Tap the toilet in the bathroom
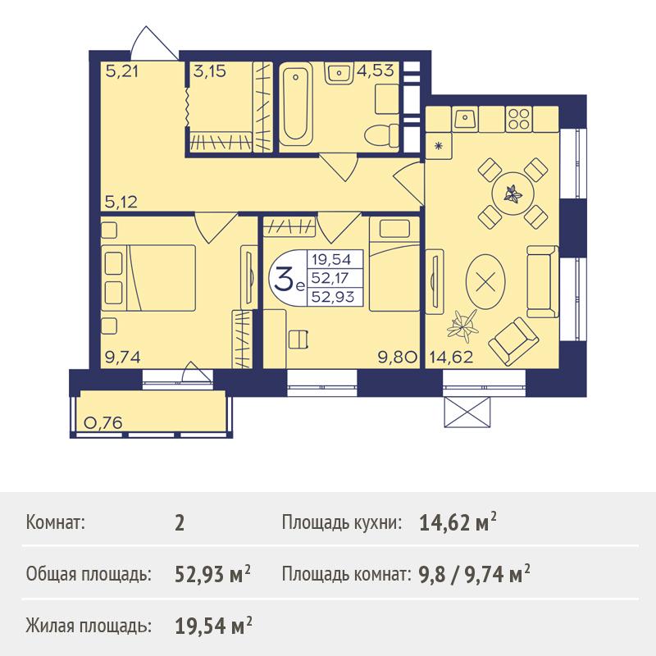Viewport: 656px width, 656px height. [381, 135]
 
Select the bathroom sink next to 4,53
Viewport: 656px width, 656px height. [339, 74]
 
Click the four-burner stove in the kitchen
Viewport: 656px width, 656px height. [519, 118]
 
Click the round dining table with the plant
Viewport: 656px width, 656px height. [513, 194]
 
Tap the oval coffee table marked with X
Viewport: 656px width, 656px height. [485, 281]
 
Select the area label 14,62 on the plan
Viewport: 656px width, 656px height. [452, 357]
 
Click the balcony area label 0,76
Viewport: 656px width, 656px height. [103, 422]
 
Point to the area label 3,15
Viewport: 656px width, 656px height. [210, 71]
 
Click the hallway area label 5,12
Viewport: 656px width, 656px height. [121, 202]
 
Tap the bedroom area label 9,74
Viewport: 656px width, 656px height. [122, 357]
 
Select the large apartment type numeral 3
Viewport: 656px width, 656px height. [284, 277]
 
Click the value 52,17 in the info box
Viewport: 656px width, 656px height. [330, 278]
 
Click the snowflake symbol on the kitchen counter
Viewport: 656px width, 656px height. [439, 146]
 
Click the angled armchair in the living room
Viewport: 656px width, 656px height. [513, 341]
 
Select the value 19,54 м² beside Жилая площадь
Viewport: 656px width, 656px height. [213, 626]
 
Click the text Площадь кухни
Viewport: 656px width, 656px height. [342, 522]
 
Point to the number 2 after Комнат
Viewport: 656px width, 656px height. [180, 523]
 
